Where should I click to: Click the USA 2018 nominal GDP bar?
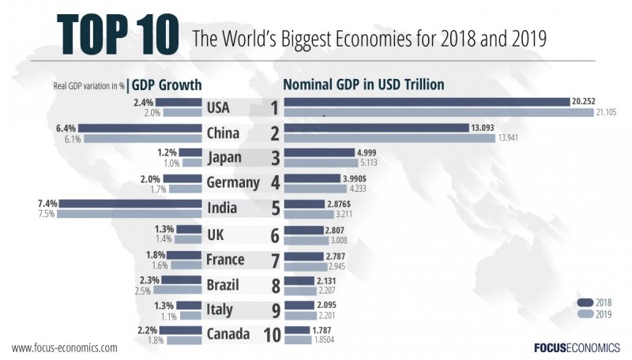coord(427,102)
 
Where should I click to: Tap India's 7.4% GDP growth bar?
coord(131,204)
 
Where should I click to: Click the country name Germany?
coord(233,182)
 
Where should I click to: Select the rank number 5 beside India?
coord(274,209)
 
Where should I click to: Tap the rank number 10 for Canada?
coord(271,335)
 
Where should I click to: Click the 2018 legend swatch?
coord(585,302)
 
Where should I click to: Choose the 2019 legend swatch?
coord(585,313)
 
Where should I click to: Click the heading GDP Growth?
coord(167,84)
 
